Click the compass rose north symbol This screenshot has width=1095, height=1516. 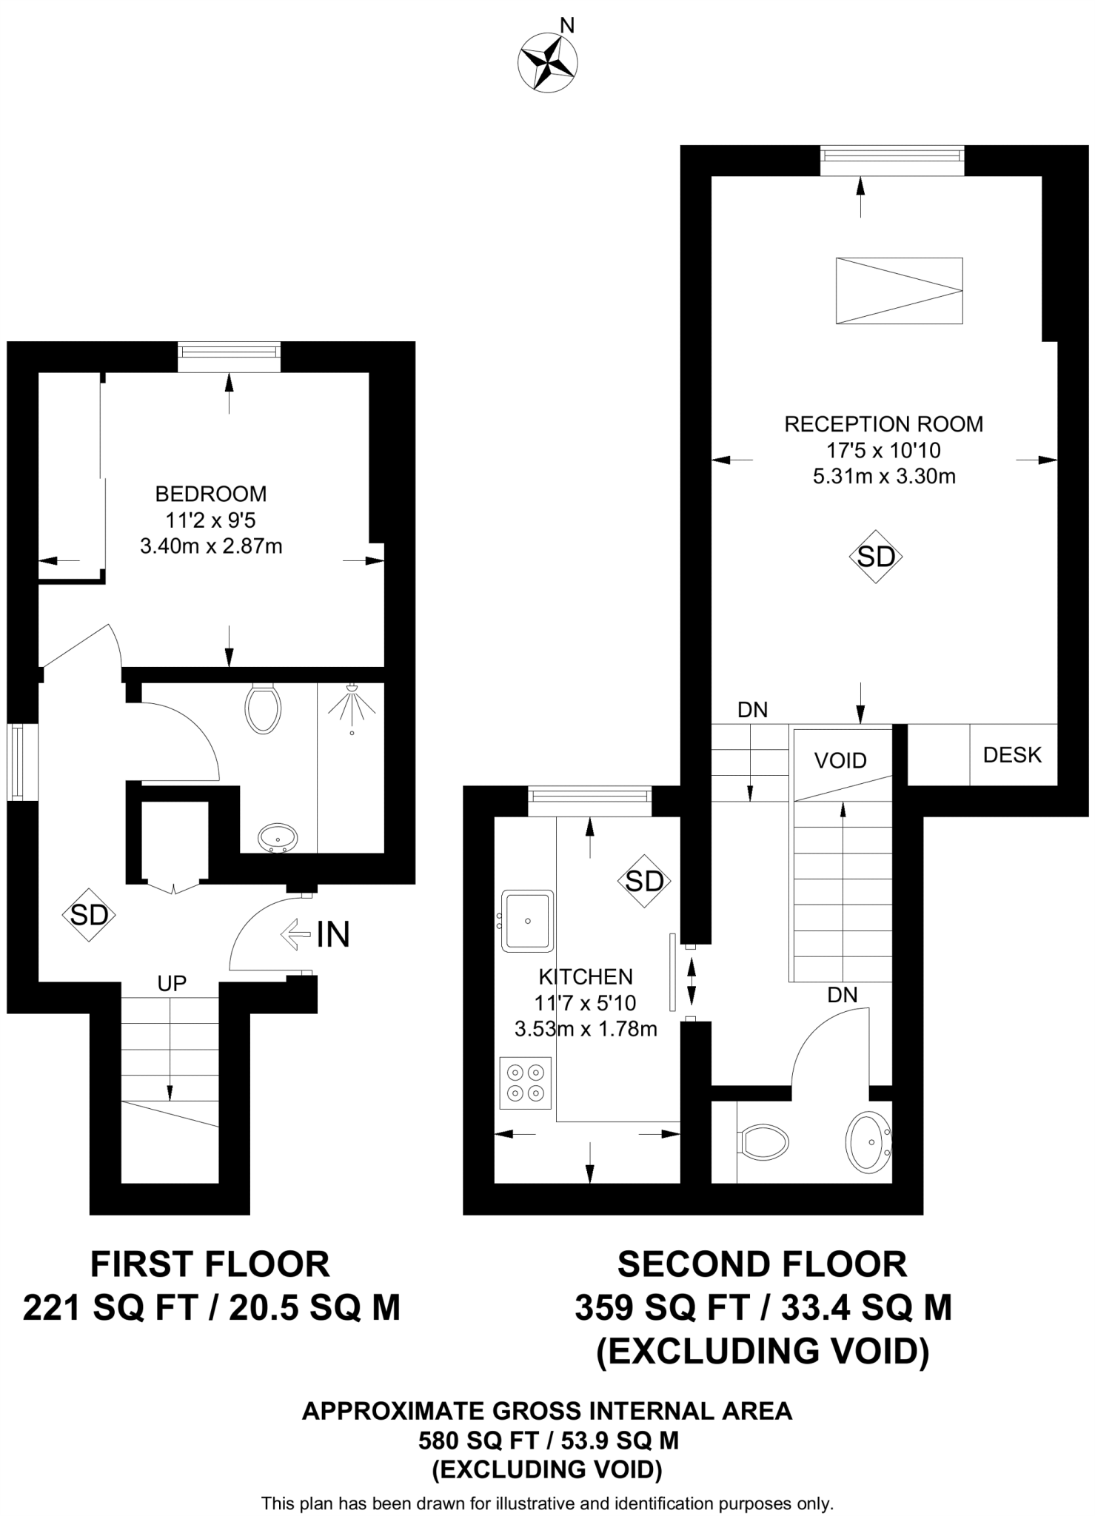click(x=549, y=63)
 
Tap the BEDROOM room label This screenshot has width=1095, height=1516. click(x=211, y=494)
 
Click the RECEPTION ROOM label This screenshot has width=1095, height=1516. click(x=883, y=424)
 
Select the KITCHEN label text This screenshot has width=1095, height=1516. click(x=586, y=976)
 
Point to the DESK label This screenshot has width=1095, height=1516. click(x=1012, y=755)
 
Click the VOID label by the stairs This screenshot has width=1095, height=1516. click(x=840, y=760)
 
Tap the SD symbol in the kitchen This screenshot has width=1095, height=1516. click(x=644, y=881)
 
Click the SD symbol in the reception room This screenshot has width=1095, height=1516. click(x=876, y=556)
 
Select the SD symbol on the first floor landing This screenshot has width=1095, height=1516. click(x=89, y=916)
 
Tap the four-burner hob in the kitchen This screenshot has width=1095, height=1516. click(x=526, y=1083)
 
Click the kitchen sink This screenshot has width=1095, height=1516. click(x=527, y=921)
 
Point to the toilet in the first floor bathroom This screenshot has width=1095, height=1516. click(x=263, y=708)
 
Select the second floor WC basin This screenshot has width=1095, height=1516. click(x=868, y=1141)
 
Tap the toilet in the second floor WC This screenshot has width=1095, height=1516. click(x=763, y=1142)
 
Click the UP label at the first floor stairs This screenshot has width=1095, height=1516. click(x=172, y=983)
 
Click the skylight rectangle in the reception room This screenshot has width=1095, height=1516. click(x=899, y=290)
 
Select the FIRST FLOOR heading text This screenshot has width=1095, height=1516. click(x=210, y=1265)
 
